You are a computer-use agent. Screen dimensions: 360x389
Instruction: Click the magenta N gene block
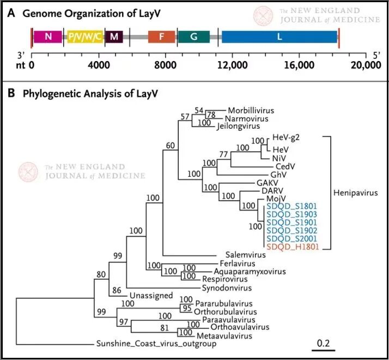pyautogui.click(x=48, y=37)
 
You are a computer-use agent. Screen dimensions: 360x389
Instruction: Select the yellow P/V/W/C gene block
pyautogui.click(x=84, y=37)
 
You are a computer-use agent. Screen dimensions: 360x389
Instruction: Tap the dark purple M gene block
pyautogui.click(x=114, y=37)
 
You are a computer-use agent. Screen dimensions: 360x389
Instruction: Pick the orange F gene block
pyautogui.click(x=161, y=37)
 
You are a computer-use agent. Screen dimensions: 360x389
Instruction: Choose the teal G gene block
pyautogui.click(x=193, y=37)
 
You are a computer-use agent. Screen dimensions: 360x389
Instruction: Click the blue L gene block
pyautogui.click(x=279, y=37)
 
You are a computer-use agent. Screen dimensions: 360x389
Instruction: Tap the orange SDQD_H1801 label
pyautogui.click(x=293, y=247)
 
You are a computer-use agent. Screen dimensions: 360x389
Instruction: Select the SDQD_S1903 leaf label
pyautogui.click(x=293, y=214)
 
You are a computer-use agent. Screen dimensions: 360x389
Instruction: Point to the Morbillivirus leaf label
pyautogui.click(x=251, y=110)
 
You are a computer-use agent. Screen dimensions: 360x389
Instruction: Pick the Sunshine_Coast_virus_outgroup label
pyautogui.click(x=156, y=344)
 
